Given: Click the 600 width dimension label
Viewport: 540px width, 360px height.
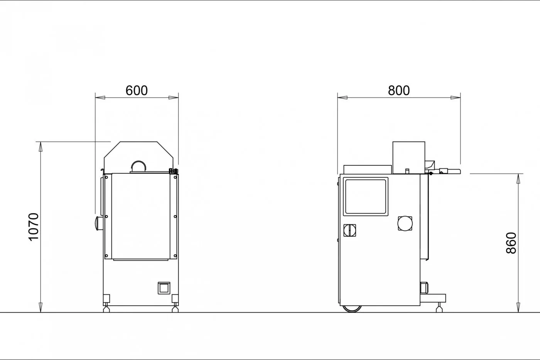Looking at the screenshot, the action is point(137,91).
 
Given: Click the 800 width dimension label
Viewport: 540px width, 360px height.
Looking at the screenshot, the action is point(399,91).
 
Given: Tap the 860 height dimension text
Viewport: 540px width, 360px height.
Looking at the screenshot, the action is point(511,243).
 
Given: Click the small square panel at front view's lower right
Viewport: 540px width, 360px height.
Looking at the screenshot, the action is point(164,288).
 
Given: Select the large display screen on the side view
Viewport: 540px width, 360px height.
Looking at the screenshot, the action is point(366,197).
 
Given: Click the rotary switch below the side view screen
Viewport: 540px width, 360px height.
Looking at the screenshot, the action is point(349,230).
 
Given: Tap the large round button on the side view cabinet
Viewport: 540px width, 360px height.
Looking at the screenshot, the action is point(405,224).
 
